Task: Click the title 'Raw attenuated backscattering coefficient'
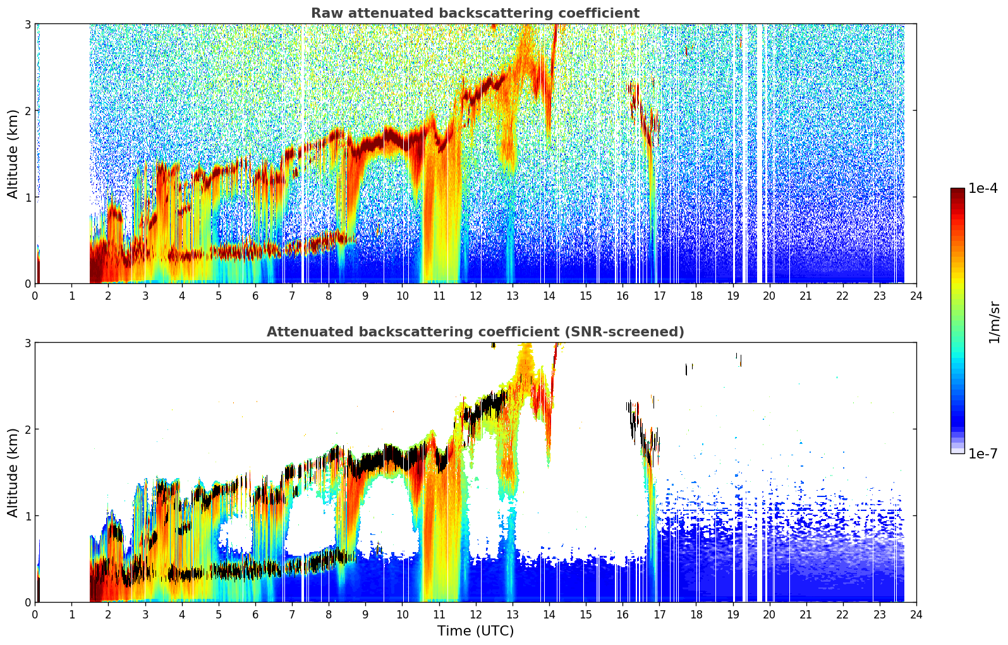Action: point(475,13)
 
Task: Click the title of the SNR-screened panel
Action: point(475,331)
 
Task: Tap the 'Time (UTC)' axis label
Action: point(475,630)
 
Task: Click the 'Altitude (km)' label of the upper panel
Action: point(13,154)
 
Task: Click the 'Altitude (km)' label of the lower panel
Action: point(13,472)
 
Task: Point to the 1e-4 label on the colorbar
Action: point(983,188)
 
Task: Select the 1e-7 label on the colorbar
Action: point(983,453)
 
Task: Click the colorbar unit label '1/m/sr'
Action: point(994,322)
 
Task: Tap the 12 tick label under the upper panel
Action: point(476,296)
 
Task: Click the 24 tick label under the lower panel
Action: point(916,615)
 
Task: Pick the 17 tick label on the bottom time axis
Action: point(659,615)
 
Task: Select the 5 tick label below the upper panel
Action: point(219,296)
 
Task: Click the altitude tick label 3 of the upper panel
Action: point(27,24)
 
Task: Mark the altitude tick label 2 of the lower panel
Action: point(27,429)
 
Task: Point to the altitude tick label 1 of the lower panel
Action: point(27,516)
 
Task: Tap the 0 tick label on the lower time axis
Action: point(35,615)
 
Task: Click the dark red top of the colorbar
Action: point(957,191)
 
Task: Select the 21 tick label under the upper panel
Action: point(806,296)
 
